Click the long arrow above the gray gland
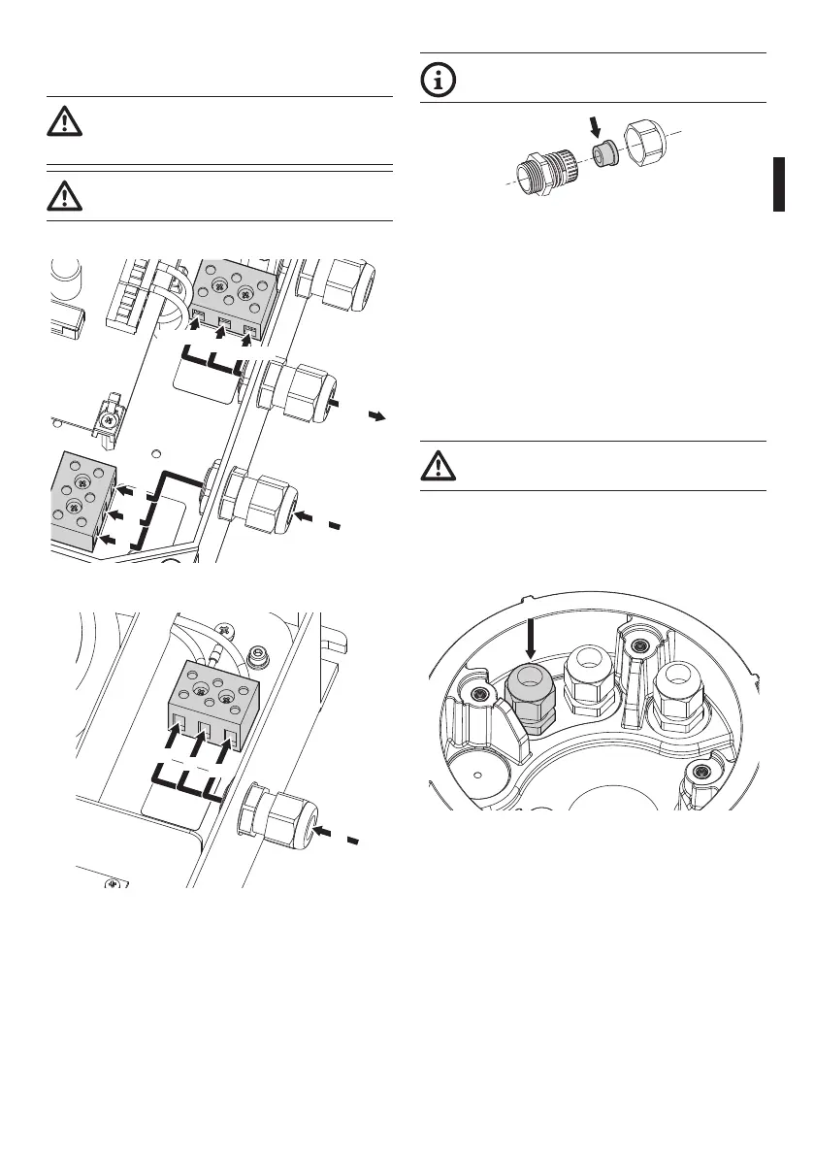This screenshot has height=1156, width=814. [x=530, y=641]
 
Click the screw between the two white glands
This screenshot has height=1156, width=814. [x=637, y=645]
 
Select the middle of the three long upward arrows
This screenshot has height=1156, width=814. [x=193, y=750]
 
